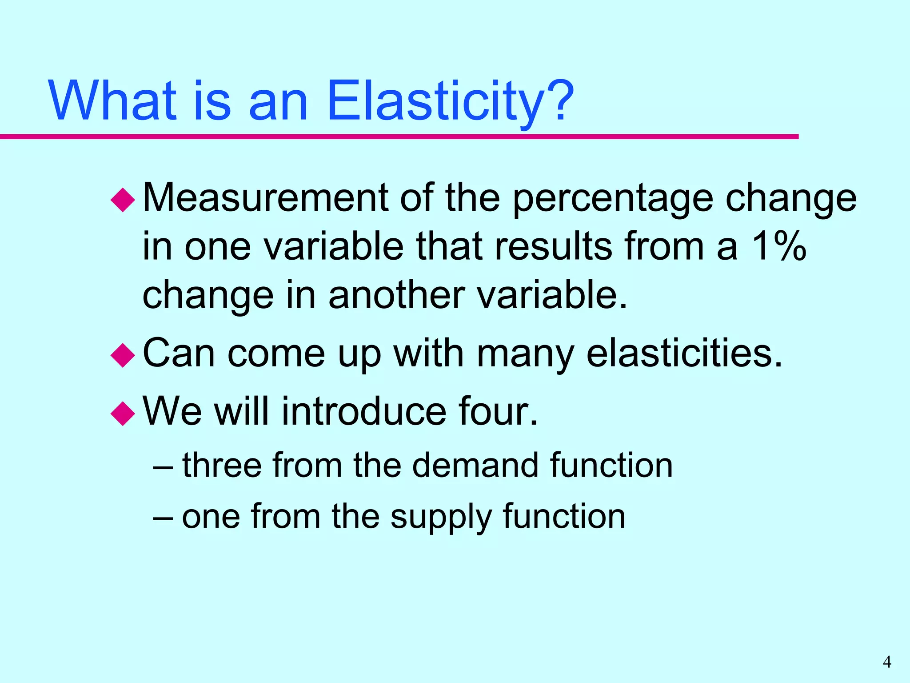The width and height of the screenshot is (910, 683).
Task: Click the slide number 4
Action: tap(887, 662)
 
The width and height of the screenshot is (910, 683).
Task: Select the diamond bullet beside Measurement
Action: tap(123, 200)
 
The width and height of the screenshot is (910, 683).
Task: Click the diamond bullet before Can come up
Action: tap(123, 355)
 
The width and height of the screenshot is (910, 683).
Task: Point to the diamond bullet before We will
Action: tap(123, 414)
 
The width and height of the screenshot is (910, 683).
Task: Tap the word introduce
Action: tap(363, 411)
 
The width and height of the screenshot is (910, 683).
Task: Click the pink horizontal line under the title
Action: tap(400, 137)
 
